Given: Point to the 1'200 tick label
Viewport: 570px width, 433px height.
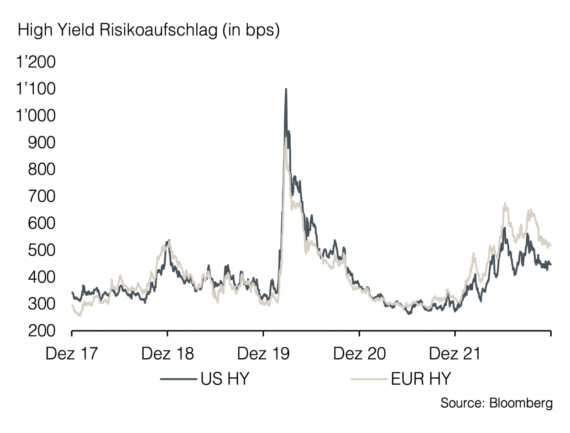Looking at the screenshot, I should coord(36,62).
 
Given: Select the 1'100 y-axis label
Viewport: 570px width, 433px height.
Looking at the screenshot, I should coord(36,89).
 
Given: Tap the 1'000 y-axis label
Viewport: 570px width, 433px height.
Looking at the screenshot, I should coord(36,115).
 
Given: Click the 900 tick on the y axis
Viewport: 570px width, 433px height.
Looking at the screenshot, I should coord(42,143).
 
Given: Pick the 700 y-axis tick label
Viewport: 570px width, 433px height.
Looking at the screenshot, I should coord(42,197).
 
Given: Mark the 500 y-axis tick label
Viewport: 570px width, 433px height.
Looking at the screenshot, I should coord(42,250).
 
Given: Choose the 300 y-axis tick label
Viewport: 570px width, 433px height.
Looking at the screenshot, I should coord(42,304).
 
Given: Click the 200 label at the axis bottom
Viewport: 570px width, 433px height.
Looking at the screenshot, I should coord(42,331).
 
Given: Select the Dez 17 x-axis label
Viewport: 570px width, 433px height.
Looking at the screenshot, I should coord(72,354).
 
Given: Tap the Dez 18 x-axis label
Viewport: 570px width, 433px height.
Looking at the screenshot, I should coord(167,354).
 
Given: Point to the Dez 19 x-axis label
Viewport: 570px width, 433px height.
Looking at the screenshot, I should coord(263,354).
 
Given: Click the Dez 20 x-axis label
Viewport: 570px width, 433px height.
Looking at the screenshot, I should coord(360,354).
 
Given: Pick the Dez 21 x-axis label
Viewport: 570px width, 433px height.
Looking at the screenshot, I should coord(455,354).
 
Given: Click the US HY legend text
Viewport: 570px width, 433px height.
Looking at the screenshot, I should coord(225,379).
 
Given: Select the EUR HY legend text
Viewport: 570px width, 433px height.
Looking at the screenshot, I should coord(421,379).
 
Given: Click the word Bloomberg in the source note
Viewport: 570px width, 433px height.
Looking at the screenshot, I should coord(521,403).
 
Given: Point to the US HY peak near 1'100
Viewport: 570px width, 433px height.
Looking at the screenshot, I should coord(286,89).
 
